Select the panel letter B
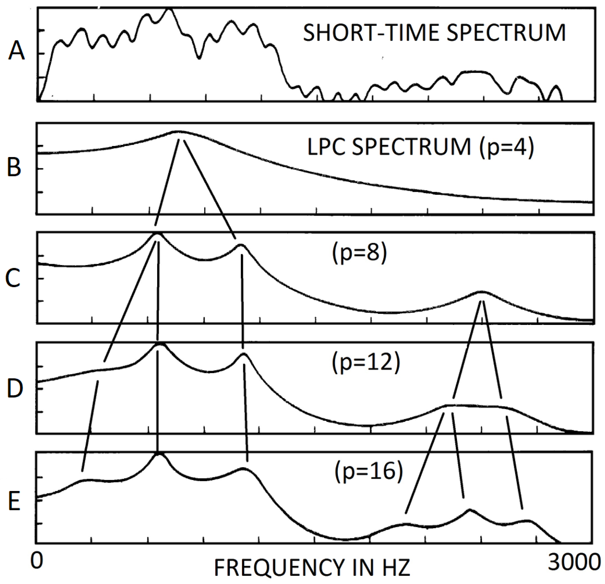click(14, 167)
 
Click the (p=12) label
click(366, 362)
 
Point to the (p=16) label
click(369, 472)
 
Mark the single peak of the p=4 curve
click(177, 131)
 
